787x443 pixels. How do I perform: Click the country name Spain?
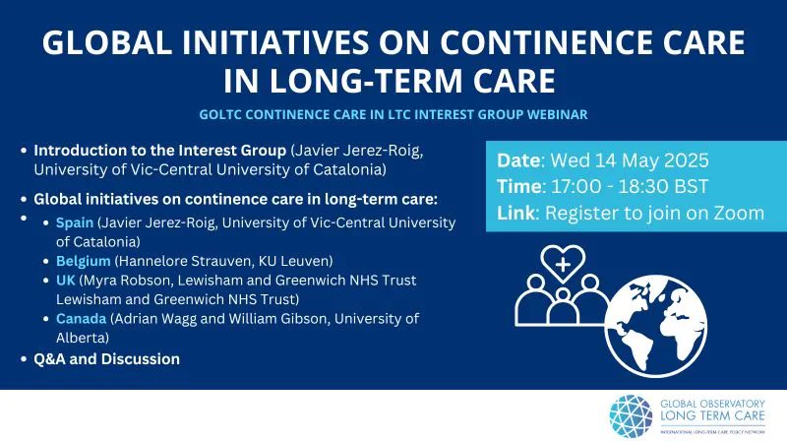[75, 223]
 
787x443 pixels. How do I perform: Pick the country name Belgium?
[84, 261]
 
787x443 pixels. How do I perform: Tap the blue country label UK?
[65, 281]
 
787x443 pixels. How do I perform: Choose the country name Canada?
[82, 318]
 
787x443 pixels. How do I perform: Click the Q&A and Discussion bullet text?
[107, 359]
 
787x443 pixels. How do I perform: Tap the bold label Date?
[519, 160]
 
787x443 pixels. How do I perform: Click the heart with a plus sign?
[563, 263]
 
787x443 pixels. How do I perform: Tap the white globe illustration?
[656, 326]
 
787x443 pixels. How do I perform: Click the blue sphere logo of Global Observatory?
[631, 416]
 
